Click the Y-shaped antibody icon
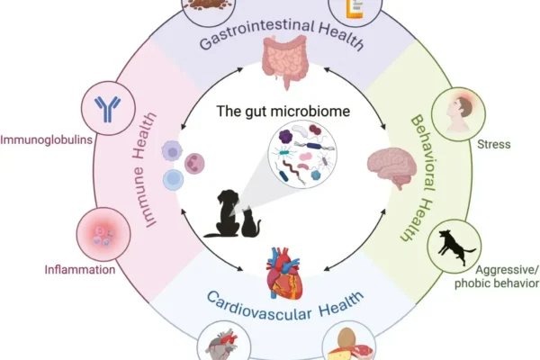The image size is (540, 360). (107, 108)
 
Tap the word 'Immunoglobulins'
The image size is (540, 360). (42, 140)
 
